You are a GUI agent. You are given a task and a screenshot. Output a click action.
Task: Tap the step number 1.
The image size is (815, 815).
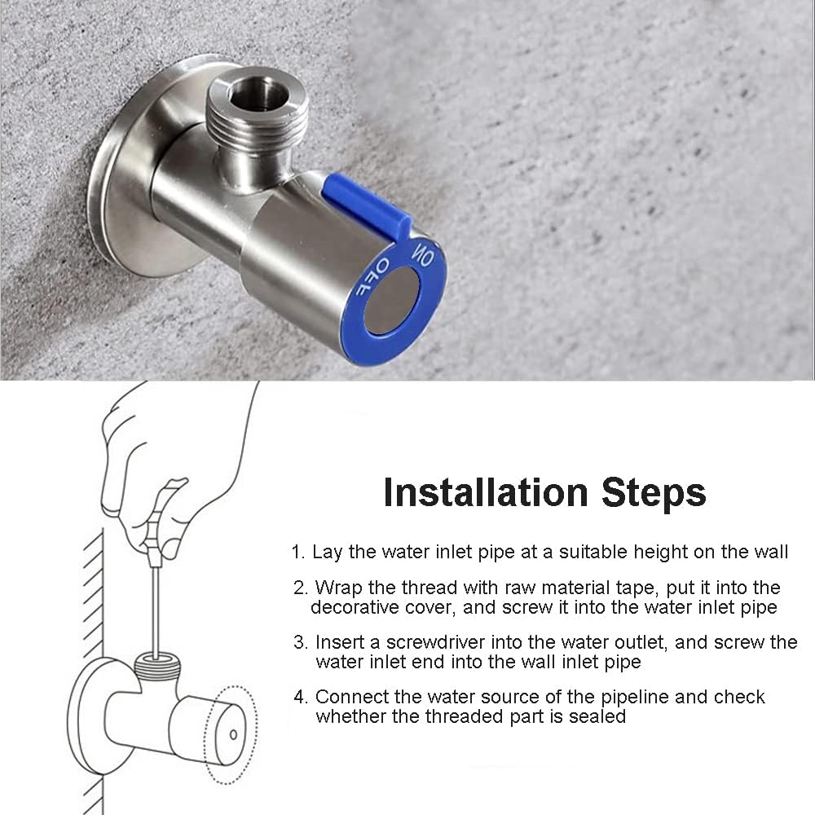pos(297,552)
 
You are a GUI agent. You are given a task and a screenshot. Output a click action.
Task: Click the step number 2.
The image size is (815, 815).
pos(300,588)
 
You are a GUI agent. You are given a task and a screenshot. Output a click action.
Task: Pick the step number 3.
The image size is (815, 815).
pos(300,642)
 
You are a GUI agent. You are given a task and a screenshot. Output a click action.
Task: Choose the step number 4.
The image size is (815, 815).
pos(300,697)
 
